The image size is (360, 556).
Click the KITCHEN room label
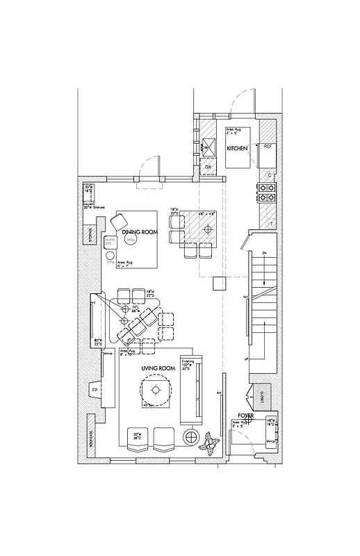[x=238, y=149]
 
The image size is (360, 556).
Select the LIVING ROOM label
[x=157, y=368]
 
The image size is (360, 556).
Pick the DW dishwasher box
[x=208, y=167]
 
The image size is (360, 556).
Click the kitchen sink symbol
[x=207, y=145]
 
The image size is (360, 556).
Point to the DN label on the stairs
[x=265, y=252]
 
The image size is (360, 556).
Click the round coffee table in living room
[x=155, y=391]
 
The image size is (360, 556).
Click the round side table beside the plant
[x=189, y=437]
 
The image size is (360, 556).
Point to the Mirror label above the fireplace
[x=107, y=354]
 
